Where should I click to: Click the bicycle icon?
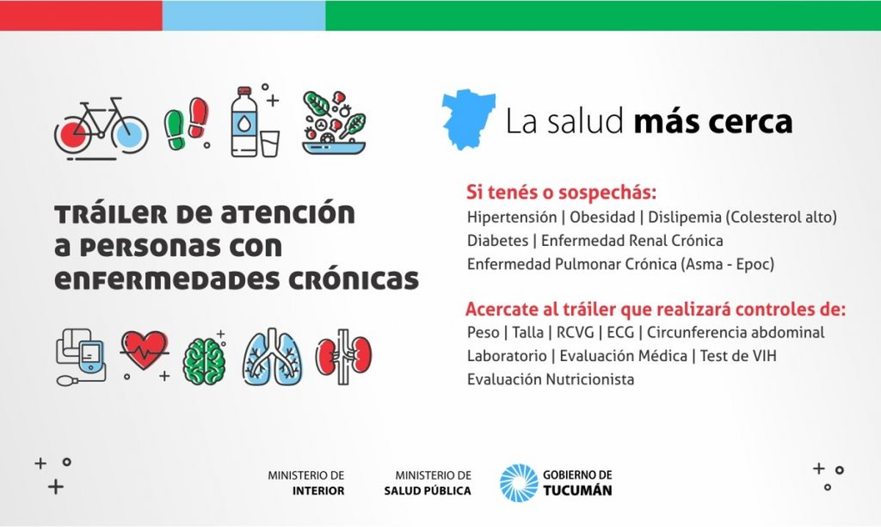coord(101,128)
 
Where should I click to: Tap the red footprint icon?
coord(198,118)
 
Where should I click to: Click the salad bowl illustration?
coord(334,123)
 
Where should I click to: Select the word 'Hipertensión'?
coord(512,217)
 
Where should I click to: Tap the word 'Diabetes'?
coord(498,241)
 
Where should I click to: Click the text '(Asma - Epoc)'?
coord(728,264)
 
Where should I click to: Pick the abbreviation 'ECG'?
coord(620,332)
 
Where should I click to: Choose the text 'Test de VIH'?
coord(739,356)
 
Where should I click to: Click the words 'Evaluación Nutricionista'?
coord(551,379)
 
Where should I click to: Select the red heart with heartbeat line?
coord(144,350)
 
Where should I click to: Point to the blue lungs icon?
coord(272,357)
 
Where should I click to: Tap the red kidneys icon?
coord(344,356)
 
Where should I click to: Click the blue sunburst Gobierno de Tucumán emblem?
coord(519,483)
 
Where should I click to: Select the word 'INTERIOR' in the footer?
coord(318,491)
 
